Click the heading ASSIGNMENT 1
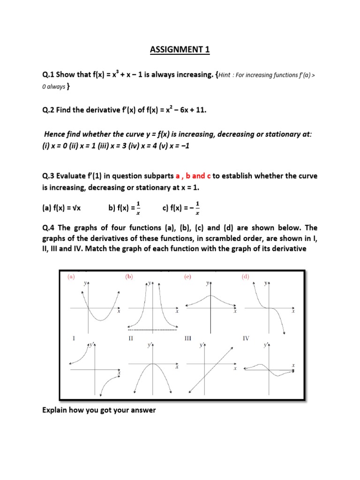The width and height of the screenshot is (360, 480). (180, 51)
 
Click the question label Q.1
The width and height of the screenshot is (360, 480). (49, 76)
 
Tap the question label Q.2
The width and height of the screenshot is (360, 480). (49, 110)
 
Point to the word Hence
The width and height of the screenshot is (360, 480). (55, 135)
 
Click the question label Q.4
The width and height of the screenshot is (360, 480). (49, 228)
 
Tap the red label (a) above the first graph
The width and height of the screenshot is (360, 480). (71, 277)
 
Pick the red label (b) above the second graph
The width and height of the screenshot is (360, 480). (129, 277)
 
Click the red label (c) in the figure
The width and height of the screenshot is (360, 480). (187, 277)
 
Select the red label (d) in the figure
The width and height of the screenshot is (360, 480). (246, 277)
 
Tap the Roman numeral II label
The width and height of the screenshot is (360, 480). (131, 337)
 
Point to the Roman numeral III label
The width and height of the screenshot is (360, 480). (188, 337)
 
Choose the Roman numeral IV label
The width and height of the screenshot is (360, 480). (246, 337)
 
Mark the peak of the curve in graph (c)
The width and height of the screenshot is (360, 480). (210, 295)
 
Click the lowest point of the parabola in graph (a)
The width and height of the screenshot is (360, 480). (101, 321)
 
